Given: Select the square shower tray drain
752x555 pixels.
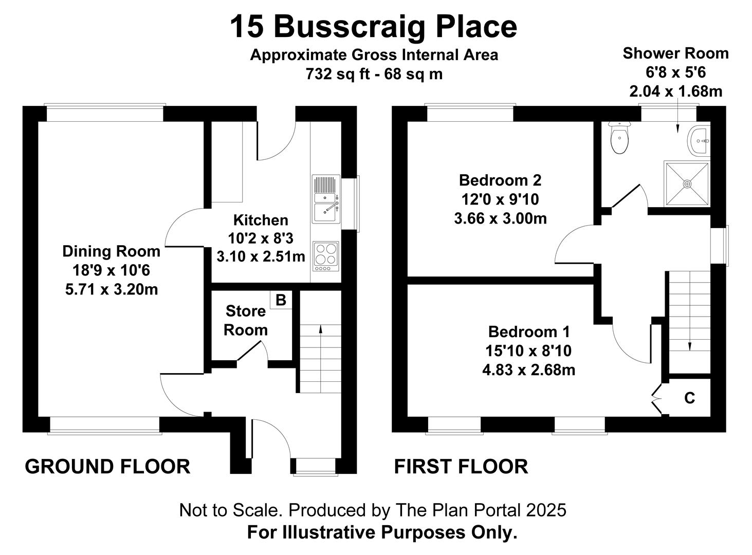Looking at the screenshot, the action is click(687, 184).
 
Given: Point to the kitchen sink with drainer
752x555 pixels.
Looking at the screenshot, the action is click(326, 199).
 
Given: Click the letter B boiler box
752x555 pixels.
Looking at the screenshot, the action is click(281, 300).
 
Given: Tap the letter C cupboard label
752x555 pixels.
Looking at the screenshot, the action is click(690, 398).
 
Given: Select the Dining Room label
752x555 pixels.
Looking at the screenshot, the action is click(111, 251).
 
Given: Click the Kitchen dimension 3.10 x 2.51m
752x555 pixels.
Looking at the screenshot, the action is click(261, 256).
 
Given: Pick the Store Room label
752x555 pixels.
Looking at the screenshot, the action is click(246, 320).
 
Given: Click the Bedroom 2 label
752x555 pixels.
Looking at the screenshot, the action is click(500, 180).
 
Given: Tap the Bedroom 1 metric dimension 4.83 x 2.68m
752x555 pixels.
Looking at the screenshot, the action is click(528, 369).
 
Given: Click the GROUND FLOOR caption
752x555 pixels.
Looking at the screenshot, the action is click(107, 467).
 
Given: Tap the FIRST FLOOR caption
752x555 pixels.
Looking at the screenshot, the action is click(461, 467).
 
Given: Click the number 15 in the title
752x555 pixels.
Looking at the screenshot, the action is click(247, 27).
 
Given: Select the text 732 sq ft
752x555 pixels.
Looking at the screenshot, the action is click(338, 73).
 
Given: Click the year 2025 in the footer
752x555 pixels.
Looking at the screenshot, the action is click(546, 510).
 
